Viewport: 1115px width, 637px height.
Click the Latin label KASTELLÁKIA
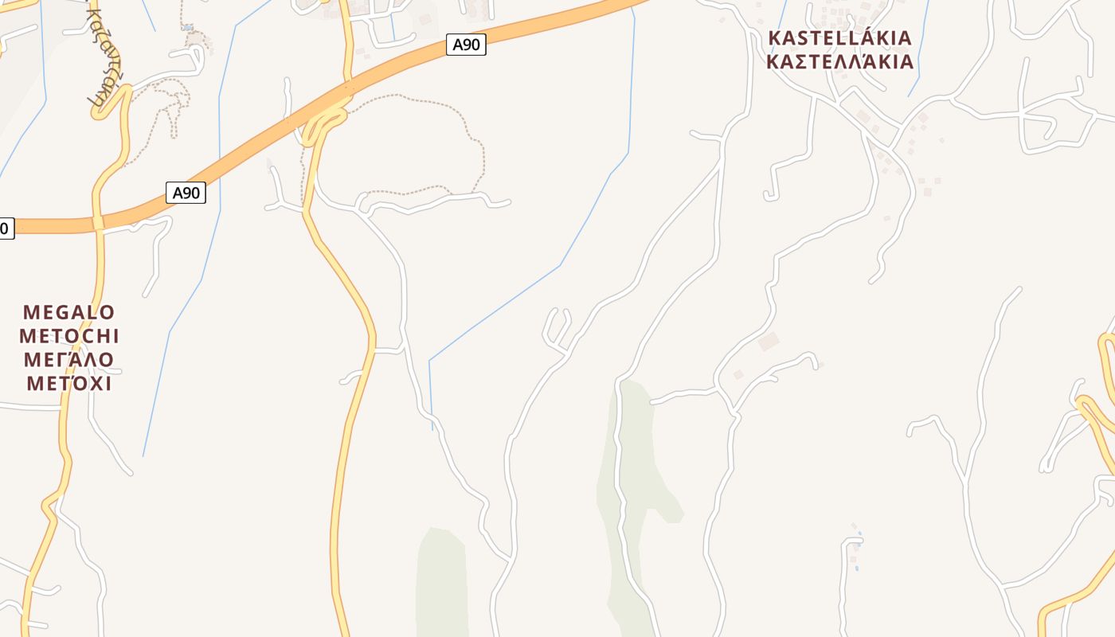839,37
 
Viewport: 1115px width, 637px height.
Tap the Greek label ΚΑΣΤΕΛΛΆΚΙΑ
839,62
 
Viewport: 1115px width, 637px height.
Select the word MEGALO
69,311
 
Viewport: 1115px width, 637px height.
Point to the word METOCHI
69,335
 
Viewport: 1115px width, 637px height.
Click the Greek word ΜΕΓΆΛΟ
69,359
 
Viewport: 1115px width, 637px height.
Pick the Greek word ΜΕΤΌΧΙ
69,383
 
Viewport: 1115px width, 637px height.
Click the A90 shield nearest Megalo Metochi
186,193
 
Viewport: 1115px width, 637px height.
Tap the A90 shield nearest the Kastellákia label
466,45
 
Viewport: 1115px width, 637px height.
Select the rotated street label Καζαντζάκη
97,56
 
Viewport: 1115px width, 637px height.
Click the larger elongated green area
629,494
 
